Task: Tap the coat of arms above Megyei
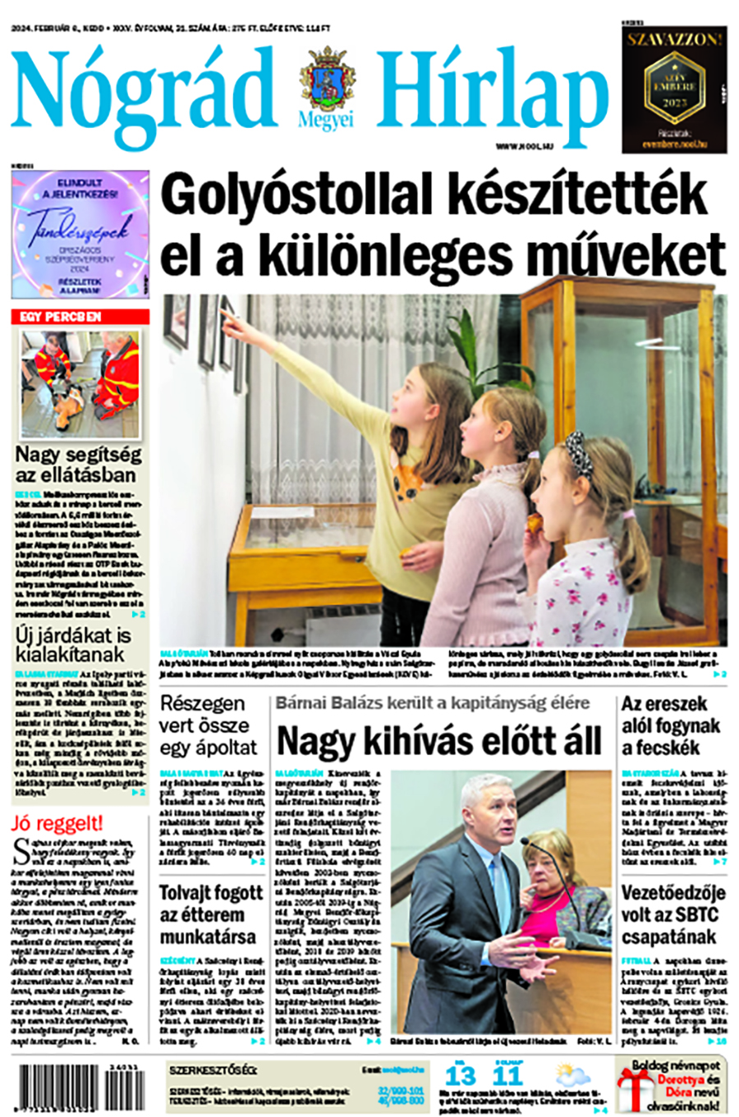pyautogui.click(x=328, y=78)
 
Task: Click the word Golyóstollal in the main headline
pyautogui.click(x=296, y=195)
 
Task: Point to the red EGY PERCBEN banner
pyautogui.click(x=80, y=316)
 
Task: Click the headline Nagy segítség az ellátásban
pyautogui.click(x=79, y=464)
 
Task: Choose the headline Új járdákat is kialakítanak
pyautogui.click(x=73, y=644)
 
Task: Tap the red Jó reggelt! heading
pyautogui.click(x=57, y=823)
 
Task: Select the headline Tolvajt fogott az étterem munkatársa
pyautogui.click(x=211, y=915)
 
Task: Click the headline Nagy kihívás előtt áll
pyautogui.click(x=438, y=740)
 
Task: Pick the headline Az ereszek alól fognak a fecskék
pyautogui.click(x=670, y=725)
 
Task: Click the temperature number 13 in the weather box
pyautogui.click(x=461, y=1076)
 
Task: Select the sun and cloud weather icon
pyautogui.click(x=572, y=1076)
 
